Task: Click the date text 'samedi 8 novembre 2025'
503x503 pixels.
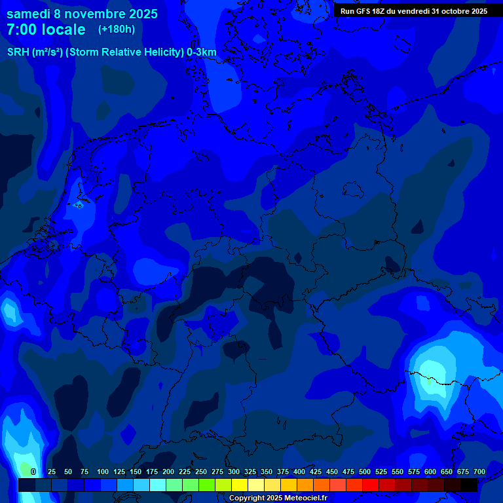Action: (82, 14)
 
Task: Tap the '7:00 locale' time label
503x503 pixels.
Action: (46, 29)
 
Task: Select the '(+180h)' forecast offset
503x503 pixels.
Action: (117, 29)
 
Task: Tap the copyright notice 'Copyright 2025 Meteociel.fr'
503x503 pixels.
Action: (278, 498)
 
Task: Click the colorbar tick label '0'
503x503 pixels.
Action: (33, 472)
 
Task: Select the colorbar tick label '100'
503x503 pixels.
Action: (103, 472)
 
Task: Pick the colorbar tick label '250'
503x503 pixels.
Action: (201, 472)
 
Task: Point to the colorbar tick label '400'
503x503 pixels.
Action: (299, 472)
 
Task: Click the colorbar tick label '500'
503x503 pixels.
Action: (365, 472)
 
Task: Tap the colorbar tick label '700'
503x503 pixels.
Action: (479, 472)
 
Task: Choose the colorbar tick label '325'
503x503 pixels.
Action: (250, 472)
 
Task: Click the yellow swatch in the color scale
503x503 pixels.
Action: (240, 485)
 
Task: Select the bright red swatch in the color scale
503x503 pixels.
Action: (371, 485)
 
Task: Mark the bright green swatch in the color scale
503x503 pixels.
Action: (207, 485)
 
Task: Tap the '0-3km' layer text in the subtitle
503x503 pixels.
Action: (202, 52)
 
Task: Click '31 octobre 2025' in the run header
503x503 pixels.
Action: (459, 11)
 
